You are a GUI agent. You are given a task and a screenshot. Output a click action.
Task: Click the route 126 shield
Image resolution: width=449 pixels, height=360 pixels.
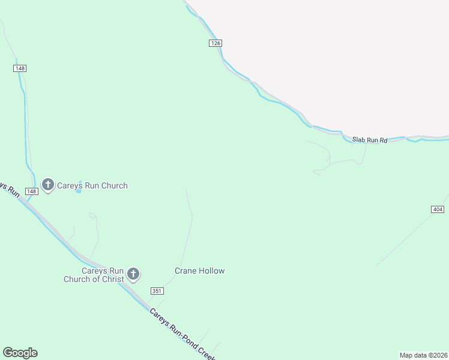(216, 43)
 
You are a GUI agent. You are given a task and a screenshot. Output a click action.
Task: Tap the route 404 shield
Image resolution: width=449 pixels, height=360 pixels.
(437, 209)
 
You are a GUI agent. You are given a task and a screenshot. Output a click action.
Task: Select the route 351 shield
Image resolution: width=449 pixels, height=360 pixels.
(157, 291)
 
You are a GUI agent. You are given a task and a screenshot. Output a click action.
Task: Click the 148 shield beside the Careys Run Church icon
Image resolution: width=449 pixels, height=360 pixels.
(32, 191)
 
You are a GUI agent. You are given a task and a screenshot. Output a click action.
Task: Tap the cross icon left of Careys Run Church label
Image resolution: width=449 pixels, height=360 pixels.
(47, 185)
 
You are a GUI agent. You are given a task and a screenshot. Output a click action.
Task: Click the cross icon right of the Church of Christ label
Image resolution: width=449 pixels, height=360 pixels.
(133, 275)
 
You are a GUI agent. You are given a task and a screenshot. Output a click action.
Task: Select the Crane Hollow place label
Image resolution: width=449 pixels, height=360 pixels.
(199, 271)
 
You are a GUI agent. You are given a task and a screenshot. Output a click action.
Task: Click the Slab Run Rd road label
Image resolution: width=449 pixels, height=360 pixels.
(370, 140)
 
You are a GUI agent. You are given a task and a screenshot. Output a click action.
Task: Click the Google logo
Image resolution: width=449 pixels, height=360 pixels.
(20, 353)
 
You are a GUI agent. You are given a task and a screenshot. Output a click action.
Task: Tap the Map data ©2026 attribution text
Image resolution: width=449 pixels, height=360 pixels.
(423, 355)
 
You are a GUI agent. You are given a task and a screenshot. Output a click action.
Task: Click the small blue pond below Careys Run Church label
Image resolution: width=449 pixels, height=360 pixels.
(79, 198)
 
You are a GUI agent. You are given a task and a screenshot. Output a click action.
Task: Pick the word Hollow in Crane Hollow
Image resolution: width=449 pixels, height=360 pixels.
(212, 271)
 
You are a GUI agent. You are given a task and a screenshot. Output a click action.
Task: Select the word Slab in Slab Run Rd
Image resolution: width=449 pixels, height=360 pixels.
(359, 139)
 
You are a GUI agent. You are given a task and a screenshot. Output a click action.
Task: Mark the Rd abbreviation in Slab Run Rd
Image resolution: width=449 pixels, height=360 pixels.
(384, 140)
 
